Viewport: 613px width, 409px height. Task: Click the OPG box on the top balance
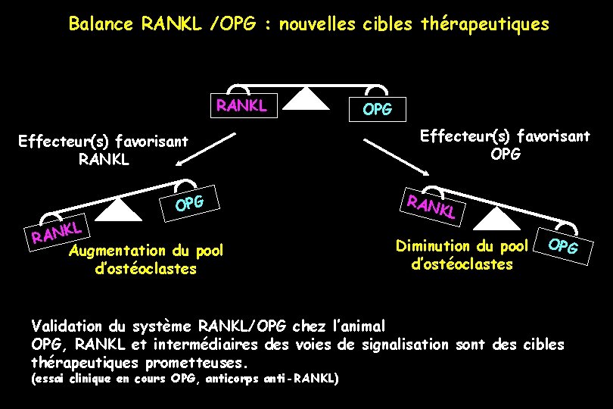tap(378, 109)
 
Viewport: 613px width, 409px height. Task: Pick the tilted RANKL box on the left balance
tap(57, 232)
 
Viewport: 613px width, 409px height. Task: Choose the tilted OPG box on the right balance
tap(563, 246)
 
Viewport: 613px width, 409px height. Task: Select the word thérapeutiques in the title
tap(489, 24)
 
